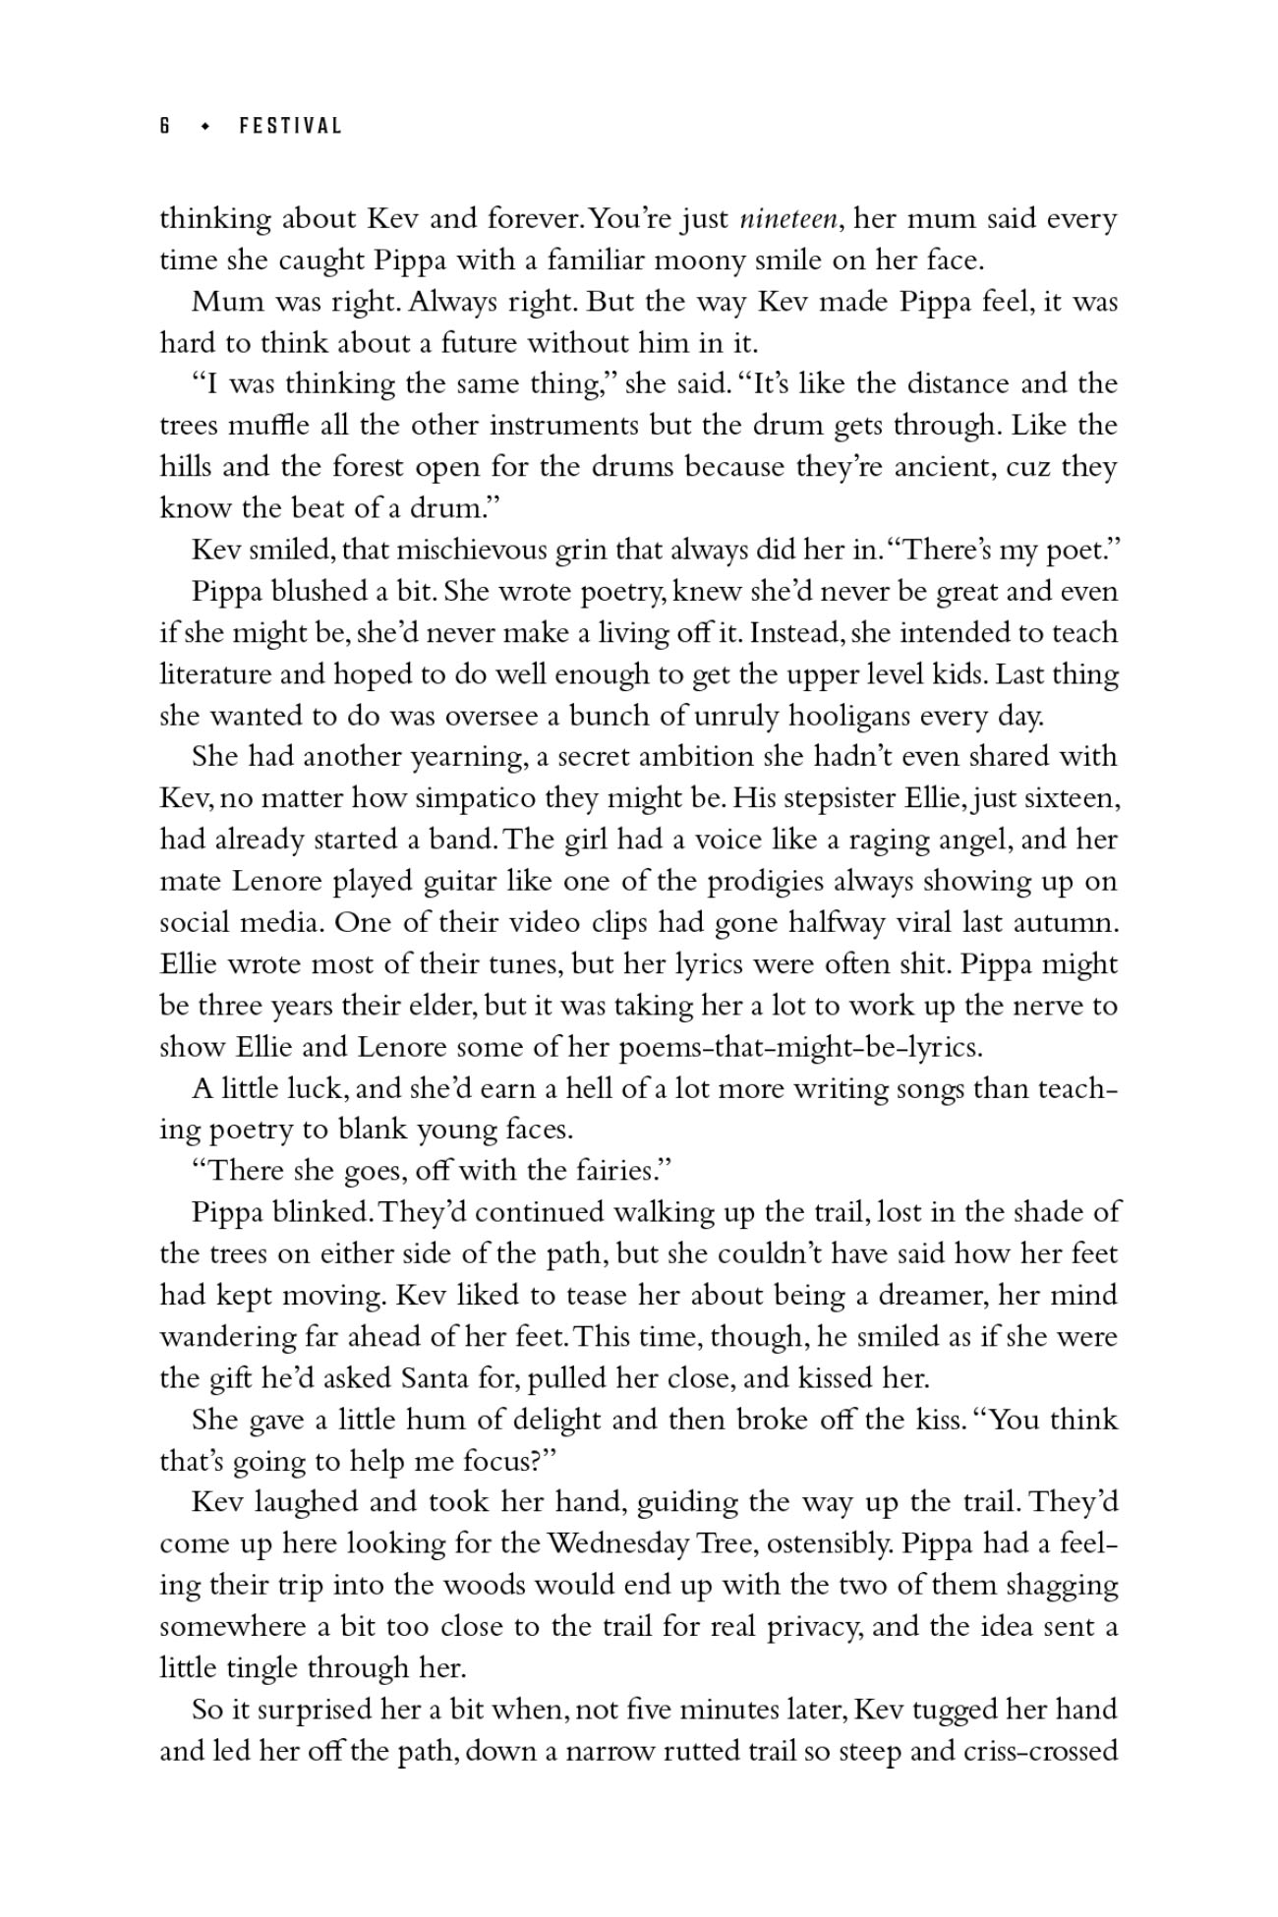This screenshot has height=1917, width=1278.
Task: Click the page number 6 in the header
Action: pos(165,126)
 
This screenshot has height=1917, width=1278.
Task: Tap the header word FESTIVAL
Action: pos(290,126)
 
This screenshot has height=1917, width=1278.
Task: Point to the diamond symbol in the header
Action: pos(205,126)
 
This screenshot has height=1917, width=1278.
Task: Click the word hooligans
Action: pos(849,716)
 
